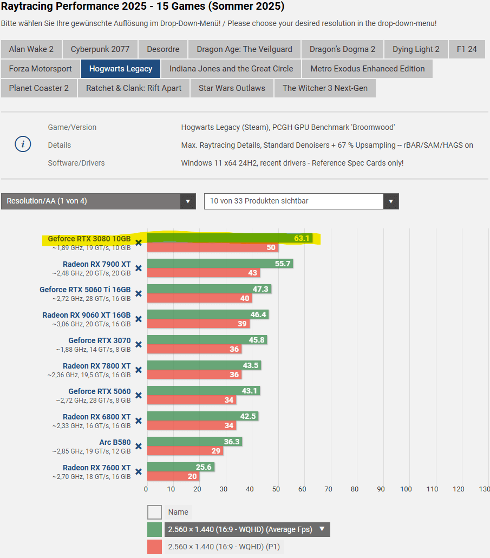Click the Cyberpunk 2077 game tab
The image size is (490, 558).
(100, 49)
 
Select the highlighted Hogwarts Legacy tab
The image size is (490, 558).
(121, 69)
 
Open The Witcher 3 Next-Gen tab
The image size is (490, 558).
(325, 88)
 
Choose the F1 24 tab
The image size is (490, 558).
(467, 49)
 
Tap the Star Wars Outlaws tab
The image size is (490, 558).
(232, 88)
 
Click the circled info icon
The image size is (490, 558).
(23, 145)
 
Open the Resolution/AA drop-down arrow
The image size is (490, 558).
(187, 201)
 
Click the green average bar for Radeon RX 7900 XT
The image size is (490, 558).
(219, 264)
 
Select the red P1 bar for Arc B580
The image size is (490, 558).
(184, 451)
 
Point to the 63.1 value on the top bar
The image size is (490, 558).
(302, 239)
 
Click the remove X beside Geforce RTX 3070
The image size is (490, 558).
(139, 345)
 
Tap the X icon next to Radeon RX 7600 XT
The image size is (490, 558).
(139, 472)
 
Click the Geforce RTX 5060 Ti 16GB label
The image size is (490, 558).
(85, 290)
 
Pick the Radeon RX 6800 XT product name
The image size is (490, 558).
(96, 417)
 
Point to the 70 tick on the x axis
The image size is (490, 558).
(328, 489)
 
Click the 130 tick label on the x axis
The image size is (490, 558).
(485, 489)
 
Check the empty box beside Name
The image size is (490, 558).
(154, 512)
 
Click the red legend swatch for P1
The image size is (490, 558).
(154, 547)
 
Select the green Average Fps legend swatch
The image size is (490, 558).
(154, 529)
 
